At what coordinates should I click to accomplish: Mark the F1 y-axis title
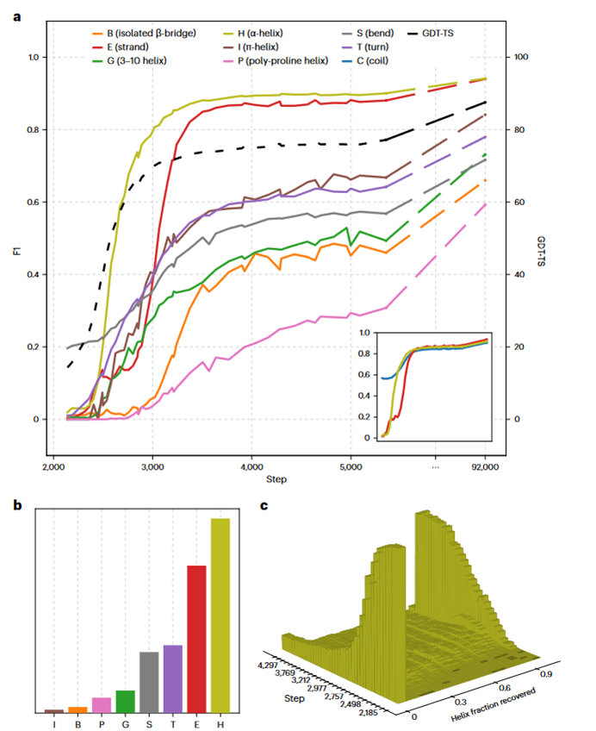[16, 238]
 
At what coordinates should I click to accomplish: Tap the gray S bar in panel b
[149, 681]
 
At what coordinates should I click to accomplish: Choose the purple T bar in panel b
[173, 678]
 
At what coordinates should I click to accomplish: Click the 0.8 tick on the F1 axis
[34, 130]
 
